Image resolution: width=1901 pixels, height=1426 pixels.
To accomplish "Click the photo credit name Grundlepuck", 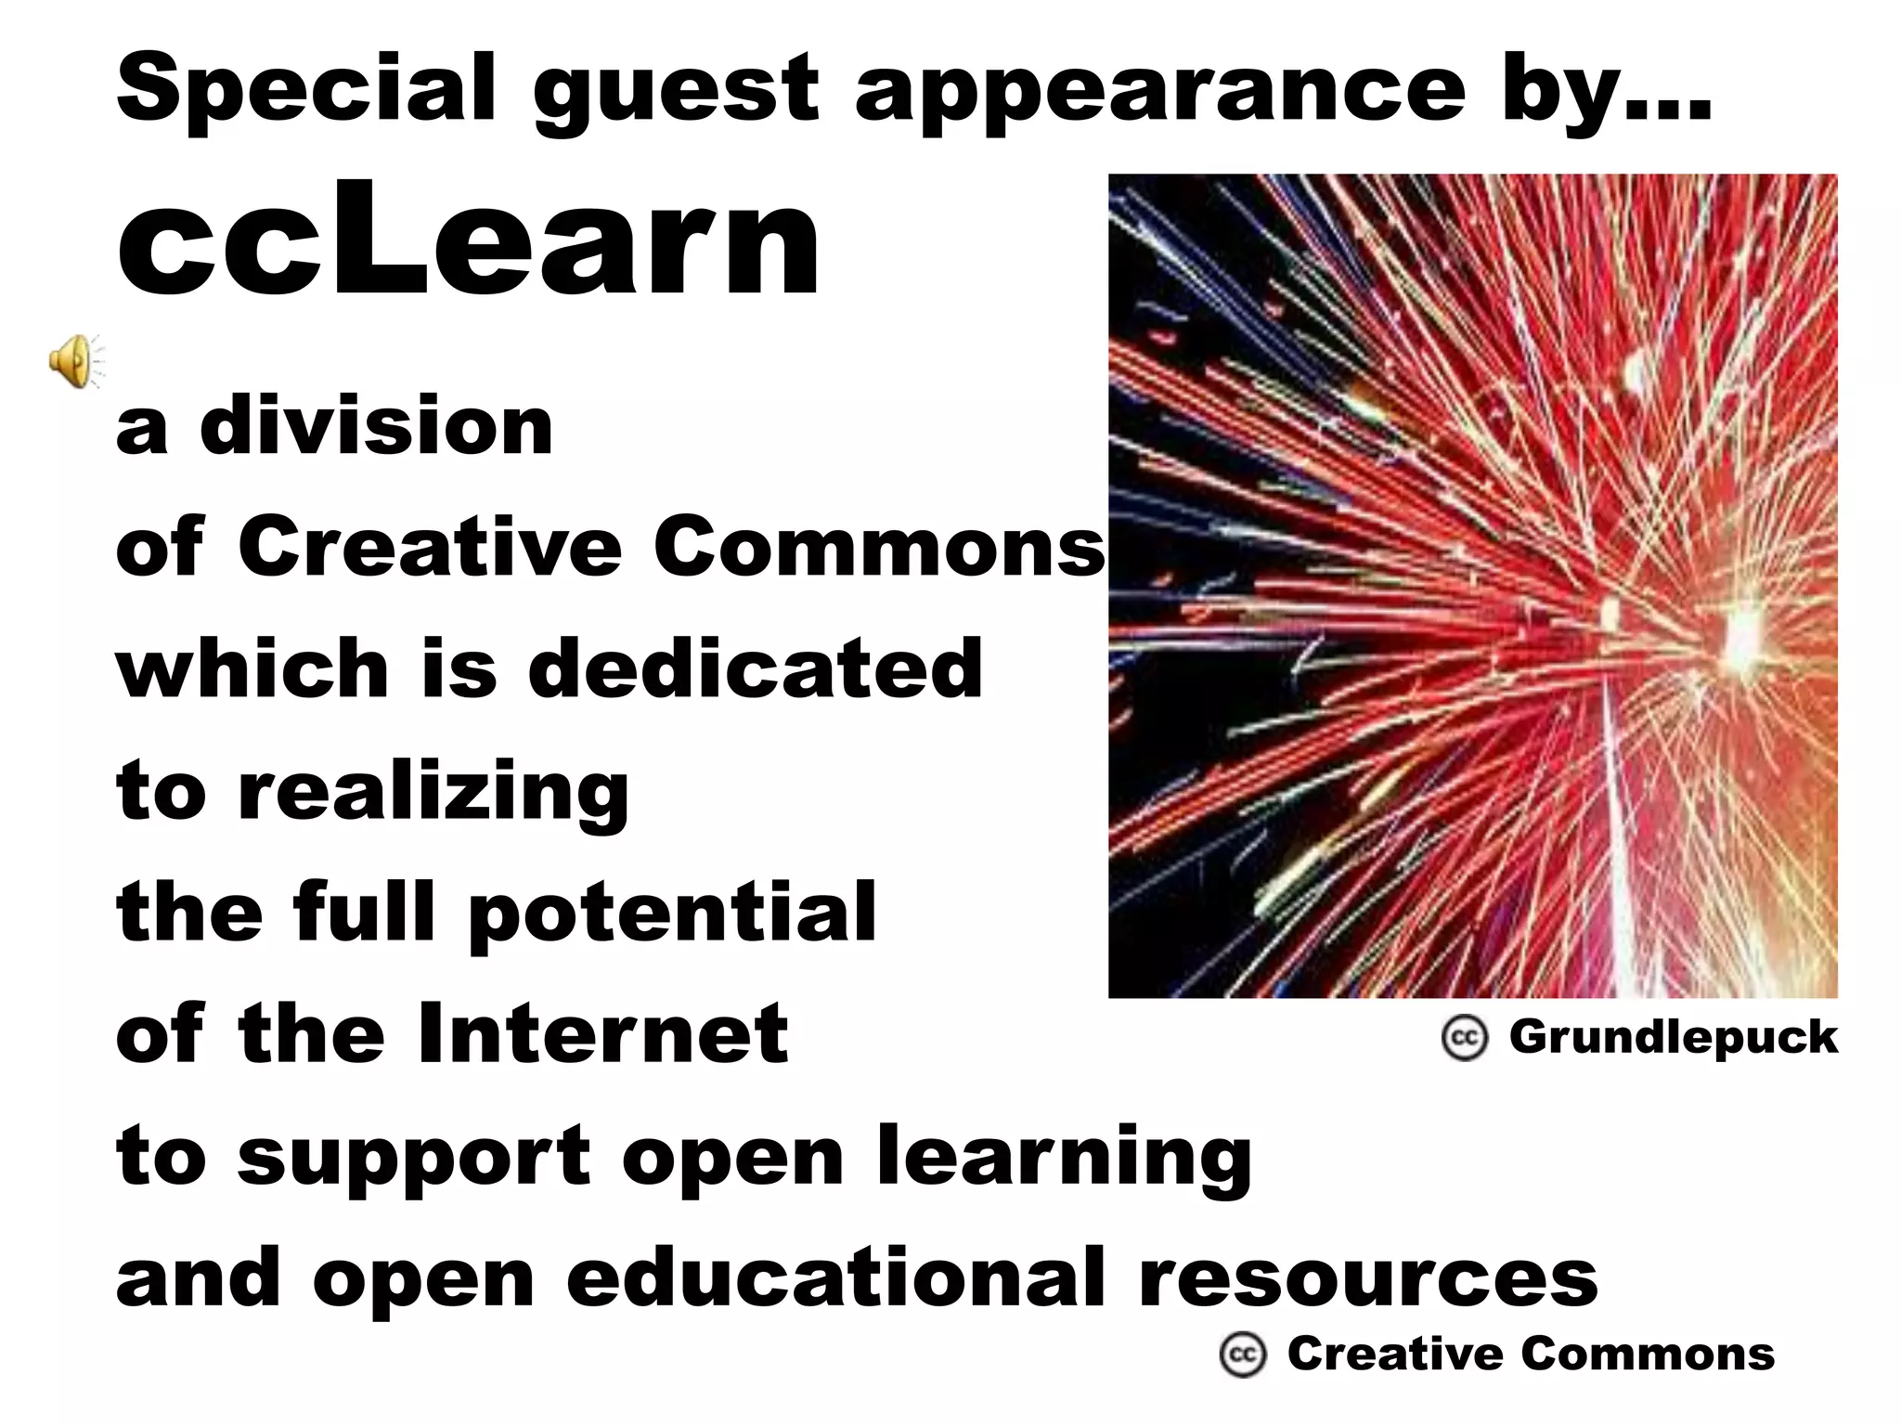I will coord(1673,1037).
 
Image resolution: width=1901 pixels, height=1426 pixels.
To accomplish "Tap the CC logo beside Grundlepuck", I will coord(1465,1038).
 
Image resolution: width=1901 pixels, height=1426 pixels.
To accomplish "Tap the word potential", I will coord(672,914).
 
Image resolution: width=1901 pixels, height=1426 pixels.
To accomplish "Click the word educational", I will coord(835,1278).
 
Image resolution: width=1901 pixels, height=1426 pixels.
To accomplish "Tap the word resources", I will coord(1368,1278).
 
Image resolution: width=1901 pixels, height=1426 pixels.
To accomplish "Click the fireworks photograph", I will coord(1472,585).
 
